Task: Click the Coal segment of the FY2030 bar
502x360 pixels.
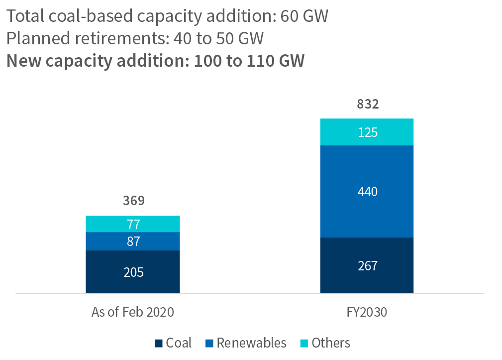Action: (367, 265)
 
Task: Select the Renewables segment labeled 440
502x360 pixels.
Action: (367, 191)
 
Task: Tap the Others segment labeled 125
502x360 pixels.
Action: (367, 132)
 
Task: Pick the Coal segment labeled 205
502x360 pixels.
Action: (133, 272)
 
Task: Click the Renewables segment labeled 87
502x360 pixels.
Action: (133, 241)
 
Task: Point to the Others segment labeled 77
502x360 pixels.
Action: (133, 224)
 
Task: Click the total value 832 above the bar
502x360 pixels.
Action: (368, 105)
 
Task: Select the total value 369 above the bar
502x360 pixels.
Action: (133, 201)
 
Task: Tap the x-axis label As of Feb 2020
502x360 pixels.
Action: (133, 312)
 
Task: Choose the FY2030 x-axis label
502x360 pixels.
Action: (367, 312)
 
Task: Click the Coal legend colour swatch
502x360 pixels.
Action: (159, 343)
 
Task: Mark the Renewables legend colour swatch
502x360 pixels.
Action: (209, 343)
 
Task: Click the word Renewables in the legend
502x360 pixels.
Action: (251, 343)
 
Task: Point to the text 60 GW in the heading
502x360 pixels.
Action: (304, 16)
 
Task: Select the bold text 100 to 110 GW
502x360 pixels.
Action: (249, 61)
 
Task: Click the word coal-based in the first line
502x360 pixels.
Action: (92, 16)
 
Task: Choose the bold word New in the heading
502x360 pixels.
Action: (23, 61)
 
